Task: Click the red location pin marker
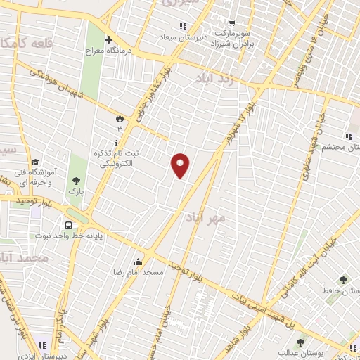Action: (x=181, y=165)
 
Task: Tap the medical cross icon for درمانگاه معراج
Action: (x=108, y=39)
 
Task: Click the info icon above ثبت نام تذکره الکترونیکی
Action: (x=116, y=142)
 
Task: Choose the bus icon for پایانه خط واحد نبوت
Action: (x=68, y=226)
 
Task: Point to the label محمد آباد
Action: (x=25, y=258)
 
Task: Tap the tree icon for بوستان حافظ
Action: (x=343, y=280)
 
